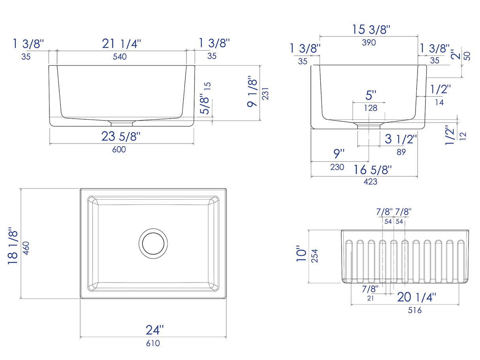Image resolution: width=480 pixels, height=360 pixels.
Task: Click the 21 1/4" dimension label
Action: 121,43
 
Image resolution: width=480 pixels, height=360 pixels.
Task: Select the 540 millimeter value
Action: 119,57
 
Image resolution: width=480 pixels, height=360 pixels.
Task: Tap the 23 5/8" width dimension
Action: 121,137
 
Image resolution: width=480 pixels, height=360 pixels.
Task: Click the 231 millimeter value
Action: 265,93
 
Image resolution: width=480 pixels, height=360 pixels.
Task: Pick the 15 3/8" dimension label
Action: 371,29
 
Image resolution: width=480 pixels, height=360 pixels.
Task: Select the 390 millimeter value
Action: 369,42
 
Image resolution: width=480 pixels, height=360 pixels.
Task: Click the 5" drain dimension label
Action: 371,95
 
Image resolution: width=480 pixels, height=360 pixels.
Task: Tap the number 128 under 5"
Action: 371,108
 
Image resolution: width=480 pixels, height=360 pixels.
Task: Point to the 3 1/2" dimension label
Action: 401,139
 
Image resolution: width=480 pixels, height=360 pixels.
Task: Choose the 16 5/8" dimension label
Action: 373,170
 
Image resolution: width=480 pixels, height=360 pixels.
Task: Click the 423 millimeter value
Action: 370,182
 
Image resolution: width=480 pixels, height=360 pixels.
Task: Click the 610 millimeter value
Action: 153,343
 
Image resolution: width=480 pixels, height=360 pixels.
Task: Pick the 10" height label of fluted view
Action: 302,255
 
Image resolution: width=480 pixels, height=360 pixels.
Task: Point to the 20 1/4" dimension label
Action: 417,297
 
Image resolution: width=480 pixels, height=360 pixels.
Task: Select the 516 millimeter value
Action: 414,311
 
